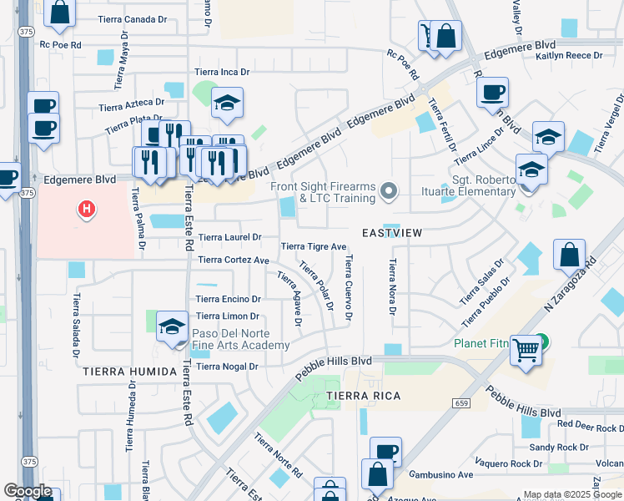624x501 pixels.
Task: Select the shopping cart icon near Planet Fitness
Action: pos(526,351)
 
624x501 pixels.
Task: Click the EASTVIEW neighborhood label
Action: pos(391,234)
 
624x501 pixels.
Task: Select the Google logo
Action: pos(28,491)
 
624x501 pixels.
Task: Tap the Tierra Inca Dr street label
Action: pos(222,73)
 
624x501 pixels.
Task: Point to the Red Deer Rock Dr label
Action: pos(590,425)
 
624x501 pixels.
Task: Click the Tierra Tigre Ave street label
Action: pos(313,246)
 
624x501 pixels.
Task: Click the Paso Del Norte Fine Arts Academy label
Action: pos(241,338)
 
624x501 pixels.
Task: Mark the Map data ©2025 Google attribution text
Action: pos(571,494)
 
